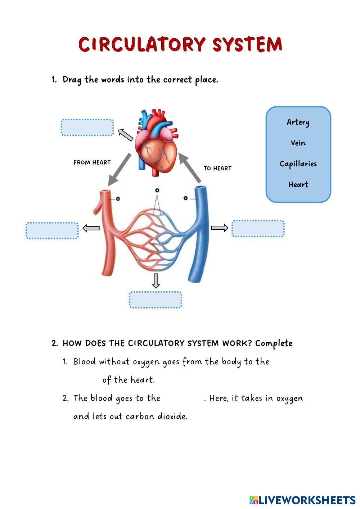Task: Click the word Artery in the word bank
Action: click(x=298, y=122)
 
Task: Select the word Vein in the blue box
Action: click(x=298, y=143)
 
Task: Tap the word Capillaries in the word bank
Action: click(x=298, y=164)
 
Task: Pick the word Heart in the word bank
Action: click(x=298, y=185)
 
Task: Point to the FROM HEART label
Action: click(x=92, y=162)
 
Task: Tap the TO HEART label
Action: click(x=217, y=168)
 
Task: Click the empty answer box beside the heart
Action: click(x=87, y=127)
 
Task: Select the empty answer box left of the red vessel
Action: click(x=52, y=231)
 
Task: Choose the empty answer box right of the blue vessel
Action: click(x=258, y=229)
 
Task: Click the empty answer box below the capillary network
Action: click(x=156, y=300)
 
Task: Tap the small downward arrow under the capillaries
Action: click(x=156, y=281)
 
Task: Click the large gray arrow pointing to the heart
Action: click(x=189, y=167)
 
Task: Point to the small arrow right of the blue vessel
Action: click(x=219, y=228)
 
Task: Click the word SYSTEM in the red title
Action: click(x=247, y=45)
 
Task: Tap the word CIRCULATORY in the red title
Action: click(x=142, y=45)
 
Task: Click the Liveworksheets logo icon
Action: click(x=254, y=500)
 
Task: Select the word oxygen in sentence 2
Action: click(x=289, y=398)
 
